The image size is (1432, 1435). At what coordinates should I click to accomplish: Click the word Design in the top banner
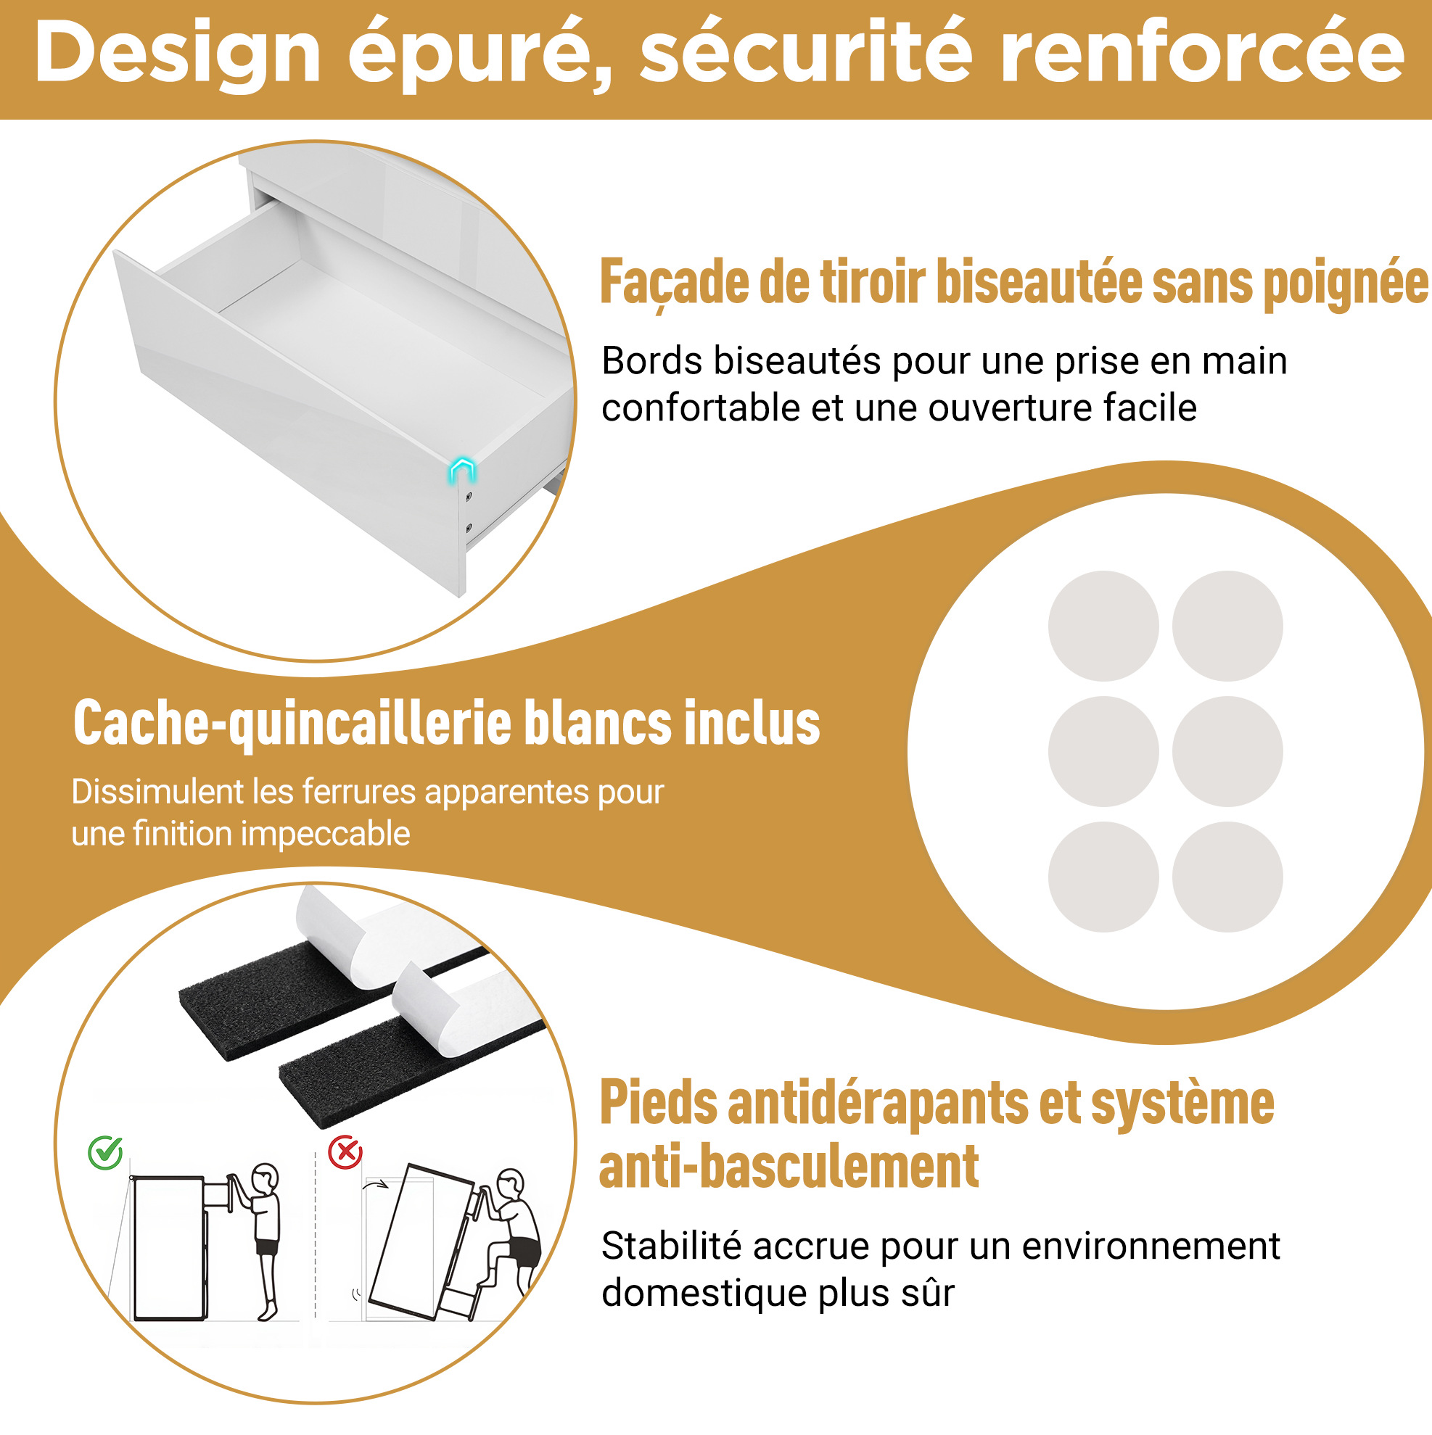[x=178, y=54]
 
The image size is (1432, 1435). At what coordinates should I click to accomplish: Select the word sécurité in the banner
[x=805, y=51]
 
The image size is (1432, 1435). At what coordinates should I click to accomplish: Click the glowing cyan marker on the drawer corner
[x=461, y=471]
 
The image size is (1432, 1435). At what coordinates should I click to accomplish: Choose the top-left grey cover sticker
[x=1103, y=625]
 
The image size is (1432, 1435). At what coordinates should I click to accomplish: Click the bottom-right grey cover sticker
[x=1227, y=877]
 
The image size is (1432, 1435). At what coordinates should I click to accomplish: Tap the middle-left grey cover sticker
[x=1103, y=751]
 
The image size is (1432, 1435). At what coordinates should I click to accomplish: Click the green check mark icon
[x=105, y=1153]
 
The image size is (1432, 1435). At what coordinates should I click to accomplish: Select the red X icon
[x=345, y=1152]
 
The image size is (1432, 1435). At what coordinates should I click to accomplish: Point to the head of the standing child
[x=266, y=1178]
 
